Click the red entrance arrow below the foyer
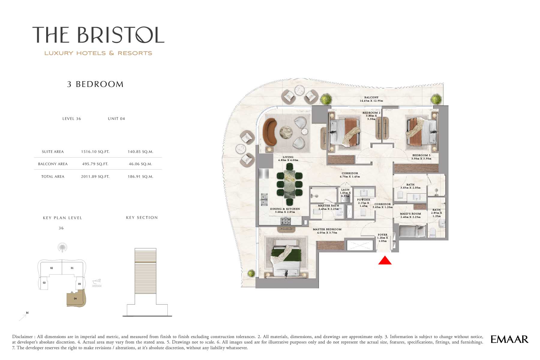[385, 260]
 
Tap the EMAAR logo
[509, 339]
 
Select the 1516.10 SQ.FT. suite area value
[95, 152]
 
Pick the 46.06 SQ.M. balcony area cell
[140, 164]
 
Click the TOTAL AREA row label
[53, 177]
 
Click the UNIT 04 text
[116, 119]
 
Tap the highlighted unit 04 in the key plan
[76, 298]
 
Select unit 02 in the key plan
[51, 268]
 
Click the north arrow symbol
[23, 317]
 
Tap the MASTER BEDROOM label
[327, 229]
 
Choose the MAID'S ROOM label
[410, 214]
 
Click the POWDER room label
[364, 200]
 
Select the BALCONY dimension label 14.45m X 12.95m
[371, 101]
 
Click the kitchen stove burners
[286, 221]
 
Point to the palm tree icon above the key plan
[62, 248]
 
